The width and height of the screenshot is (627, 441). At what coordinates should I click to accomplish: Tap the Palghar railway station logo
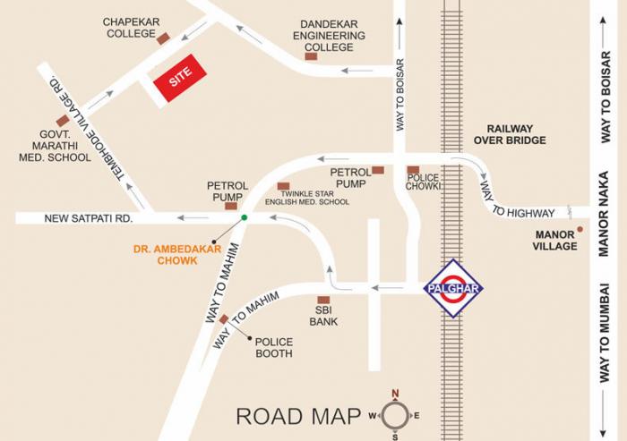click(453, 288)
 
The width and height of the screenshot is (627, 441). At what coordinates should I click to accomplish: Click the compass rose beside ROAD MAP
click(395, 414)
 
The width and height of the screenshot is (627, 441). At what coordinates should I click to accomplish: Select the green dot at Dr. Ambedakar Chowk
click(244, 217)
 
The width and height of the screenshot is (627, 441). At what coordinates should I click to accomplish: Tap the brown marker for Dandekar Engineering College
click(311, 56)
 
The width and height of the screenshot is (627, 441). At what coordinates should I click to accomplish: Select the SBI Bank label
click(323, 315)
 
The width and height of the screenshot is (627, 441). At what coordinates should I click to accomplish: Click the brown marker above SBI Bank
click(323, 300)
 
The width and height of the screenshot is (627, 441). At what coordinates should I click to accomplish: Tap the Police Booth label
click(273, 347)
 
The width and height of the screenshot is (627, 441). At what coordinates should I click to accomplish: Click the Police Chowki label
click(423, 183)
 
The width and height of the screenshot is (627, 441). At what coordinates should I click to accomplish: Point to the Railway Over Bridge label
click(510, 134)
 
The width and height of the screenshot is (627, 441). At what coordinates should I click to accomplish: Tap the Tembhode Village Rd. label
click(87, 126)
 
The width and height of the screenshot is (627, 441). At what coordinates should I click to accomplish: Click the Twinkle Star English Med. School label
click(313, 197)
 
